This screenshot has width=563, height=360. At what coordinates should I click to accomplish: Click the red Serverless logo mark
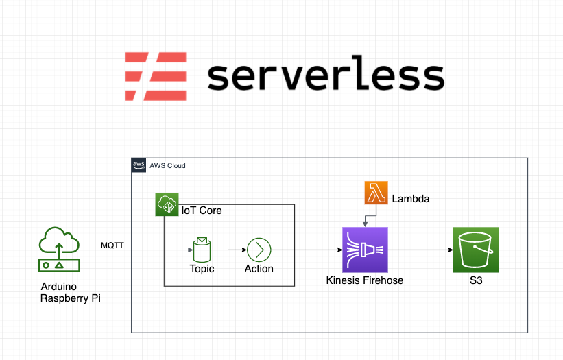[x=156, y=75]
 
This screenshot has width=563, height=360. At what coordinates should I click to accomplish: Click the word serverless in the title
[x=326, y=75]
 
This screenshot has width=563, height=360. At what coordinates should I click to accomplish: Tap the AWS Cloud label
[x=167, y=166]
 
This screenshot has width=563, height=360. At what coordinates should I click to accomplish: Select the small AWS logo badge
[x=139, y=166]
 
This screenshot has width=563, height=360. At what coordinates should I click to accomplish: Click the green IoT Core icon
[x=167, y=205]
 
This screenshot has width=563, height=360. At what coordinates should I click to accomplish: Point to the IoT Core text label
[x=202, y=211]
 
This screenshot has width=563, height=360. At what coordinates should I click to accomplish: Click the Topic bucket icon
[x=202, y=250]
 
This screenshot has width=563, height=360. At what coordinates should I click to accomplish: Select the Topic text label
[x=202, y=269]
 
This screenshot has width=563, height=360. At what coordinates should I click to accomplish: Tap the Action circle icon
[x=259, y=250]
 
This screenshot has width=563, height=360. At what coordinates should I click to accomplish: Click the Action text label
[x=259, y=269]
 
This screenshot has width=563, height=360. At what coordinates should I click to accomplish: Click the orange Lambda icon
[x=376, y=193]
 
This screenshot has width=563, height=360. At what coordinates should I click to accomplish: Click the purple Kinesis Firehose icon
[x=365, y=250]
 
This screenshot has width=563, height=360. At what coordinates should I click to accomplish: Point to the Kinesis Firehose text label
[x=365, y=280]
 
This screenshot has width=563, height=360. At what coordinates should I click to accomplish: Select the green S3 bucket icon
[x=475, y=250]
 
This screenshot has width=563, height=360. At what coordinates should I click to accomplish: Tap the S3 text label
[x=475, y=280]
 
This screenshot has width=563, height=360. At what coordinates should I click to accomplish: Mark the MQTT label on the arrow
[x=112, y=245]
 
